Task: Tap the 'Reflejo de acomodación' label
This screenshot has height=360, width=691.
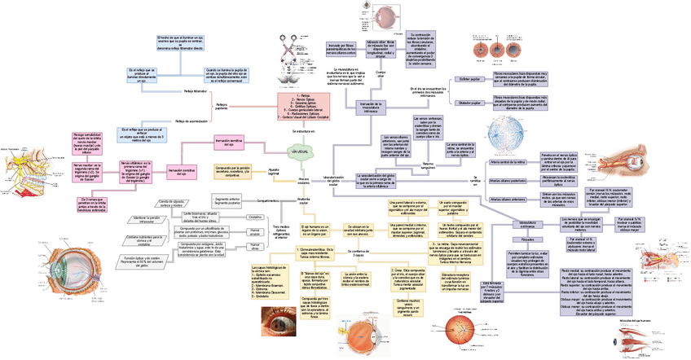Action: click(196, 121)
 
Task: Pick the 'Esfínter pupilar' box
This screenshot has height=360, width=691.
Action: click(470, 80)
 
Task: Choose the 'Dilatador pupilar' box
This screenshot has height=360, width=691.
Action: click(470, 103)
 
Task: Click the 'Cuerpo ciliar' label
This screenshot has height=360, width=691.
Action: click(380, 75)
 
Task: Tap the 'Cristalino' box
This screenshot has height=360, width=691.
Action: click(255, 218)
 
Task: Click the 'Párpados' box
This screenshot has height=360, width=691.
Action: click(527, 240)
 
